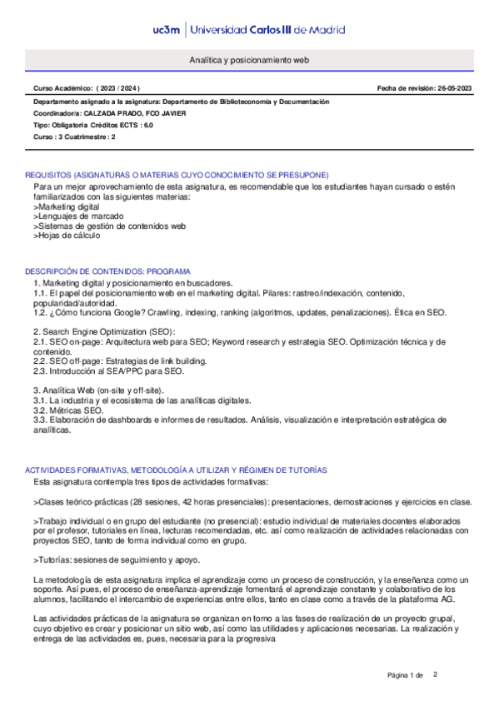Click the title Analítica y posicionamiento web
[x=250, y=61]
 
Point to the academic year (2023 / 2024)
[x=120, y=87]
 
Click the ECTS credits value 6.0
[x=148, y=125]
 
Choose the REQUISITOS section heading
[x=177, y=175]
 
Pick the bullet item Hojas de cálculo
[x=69, y=235]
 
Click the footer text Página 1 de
[x=407, y=674]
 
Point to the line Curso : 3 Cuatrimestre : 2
[x=74, y=137]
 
